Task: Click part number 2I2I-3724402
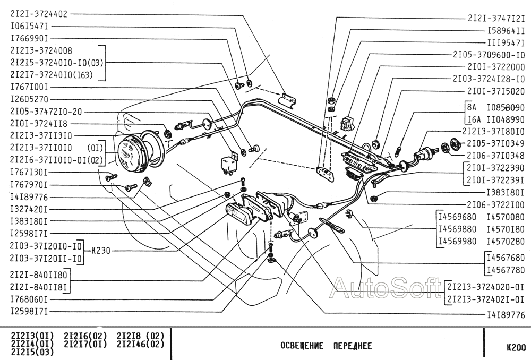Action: click(39, 14)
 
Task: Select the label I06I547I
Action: click(29, 27)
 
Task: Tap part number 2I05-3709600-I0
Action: click(489, 55)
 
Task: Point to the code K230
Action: click(101, 251)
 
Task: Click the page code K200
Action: click(516, 347)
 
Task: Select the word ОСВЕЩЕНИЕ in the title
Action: click(302, 346)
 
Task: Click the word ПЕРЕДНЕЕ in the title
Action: click(353, 346)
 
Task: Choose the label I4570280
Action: click(506, 242)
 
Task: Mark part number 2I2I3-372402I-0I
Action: click(486, 299)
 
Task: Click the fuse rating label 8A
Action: click(472, 108)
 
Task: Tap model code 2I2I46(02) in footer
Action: click(140, 344)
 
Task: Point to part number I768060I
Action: click(29, 299)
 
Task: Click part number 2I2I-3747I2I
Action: click(496, 18)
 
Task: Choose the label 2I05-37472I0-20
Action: click(46, 112)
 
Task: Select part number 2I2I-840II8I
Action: click(39, 287)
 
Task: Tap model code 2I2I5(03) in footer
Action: click(32, 352)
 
